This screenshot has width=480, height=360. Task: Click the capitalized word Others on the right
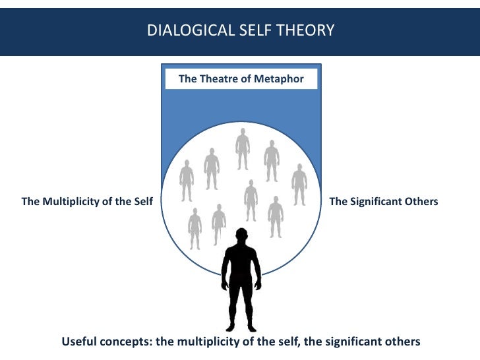point(420,202)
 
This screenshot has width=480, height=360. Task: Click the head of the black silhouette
point(241,237)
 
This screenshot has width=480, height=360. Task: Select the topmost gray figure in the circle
point(243,149)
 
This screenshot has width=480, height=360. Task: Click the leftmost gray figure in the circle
point(187,180)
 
